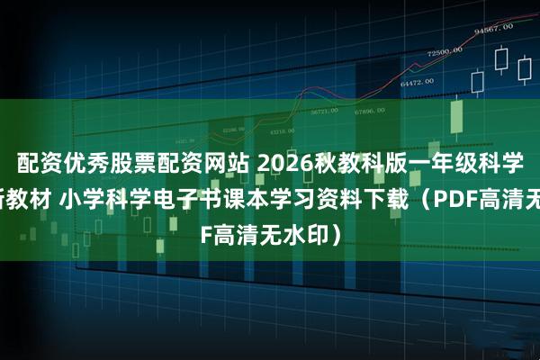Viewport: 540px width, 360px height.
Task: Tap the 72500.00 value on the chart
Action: click(x=444, y=54)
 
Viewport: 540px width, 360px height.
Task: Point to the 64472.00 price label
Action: click(x=416, y=82)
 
